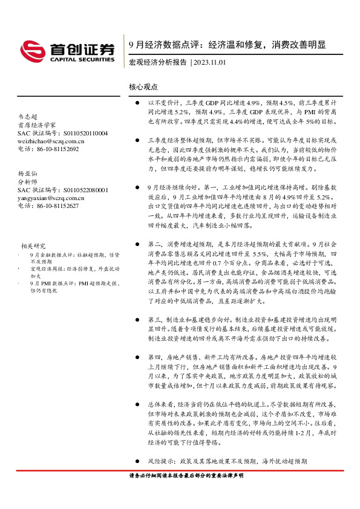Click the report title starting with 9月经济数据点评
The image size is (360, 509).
227,45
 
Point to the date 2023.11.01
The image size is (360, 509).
211,62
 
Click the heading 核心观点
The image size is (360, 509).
143,86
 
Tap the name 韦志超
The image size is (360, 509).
27,117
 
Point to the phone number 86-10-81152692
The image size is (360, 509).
56,149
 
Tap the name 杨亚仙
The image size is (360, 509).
27,173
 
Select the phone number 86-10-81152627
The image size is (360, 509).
56,205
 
